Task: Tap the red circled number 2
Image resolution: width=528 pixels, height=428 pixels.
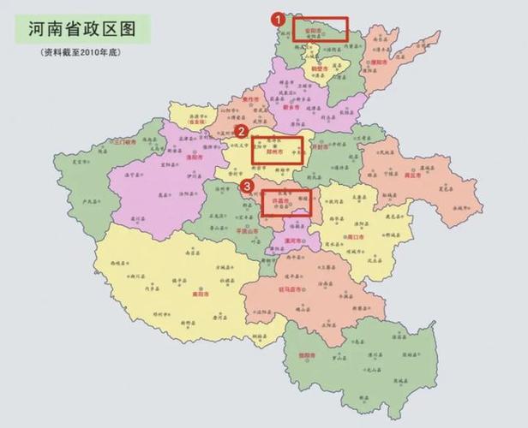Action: pos(243,131)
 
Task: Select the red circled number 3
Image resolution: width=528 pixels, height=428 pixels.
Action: pos(248,185)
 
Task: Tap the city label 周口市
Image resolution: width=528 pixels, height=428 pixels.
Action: pos(355,235)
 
